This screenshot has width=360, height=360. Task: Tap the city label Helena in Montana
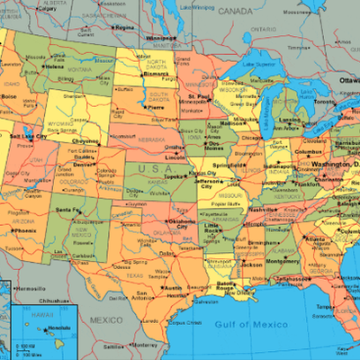(55, 66)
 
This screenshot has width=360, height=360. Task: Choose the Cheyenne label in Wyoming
(85, 140)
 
